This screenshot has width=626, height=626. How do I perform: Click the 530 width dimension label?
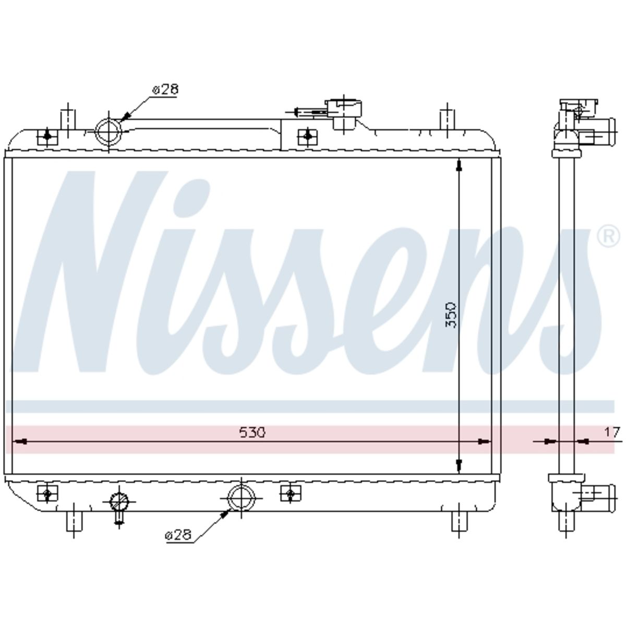tap(252, 432)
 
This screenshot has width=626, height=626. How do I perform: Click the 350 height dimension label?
tap(451, 315)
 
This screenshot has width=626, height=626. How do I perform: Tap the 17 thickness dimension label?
tap(612, 432)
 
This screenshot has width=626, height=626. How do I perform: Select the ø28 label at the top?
tap(165, 90)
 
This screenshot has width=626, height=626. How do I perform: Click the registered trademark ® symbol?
tap(608, 237)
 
